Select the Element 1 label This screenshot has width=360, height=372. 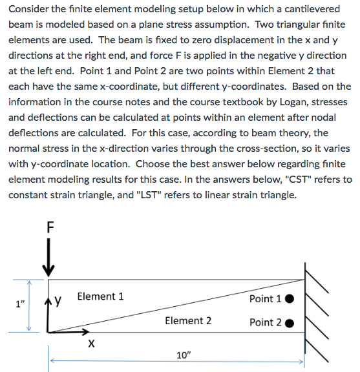coord(100,296)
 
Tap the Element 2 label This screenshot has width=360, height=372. coord(188,320)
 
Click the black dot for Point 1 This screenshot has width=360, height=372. coord(290,299)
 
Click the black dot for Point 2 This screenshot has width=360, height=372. coord(290,323)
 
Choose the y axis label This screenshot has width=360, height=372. coord(58,300)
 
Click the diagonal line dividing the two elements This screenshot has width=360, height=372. coord(175,306)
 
